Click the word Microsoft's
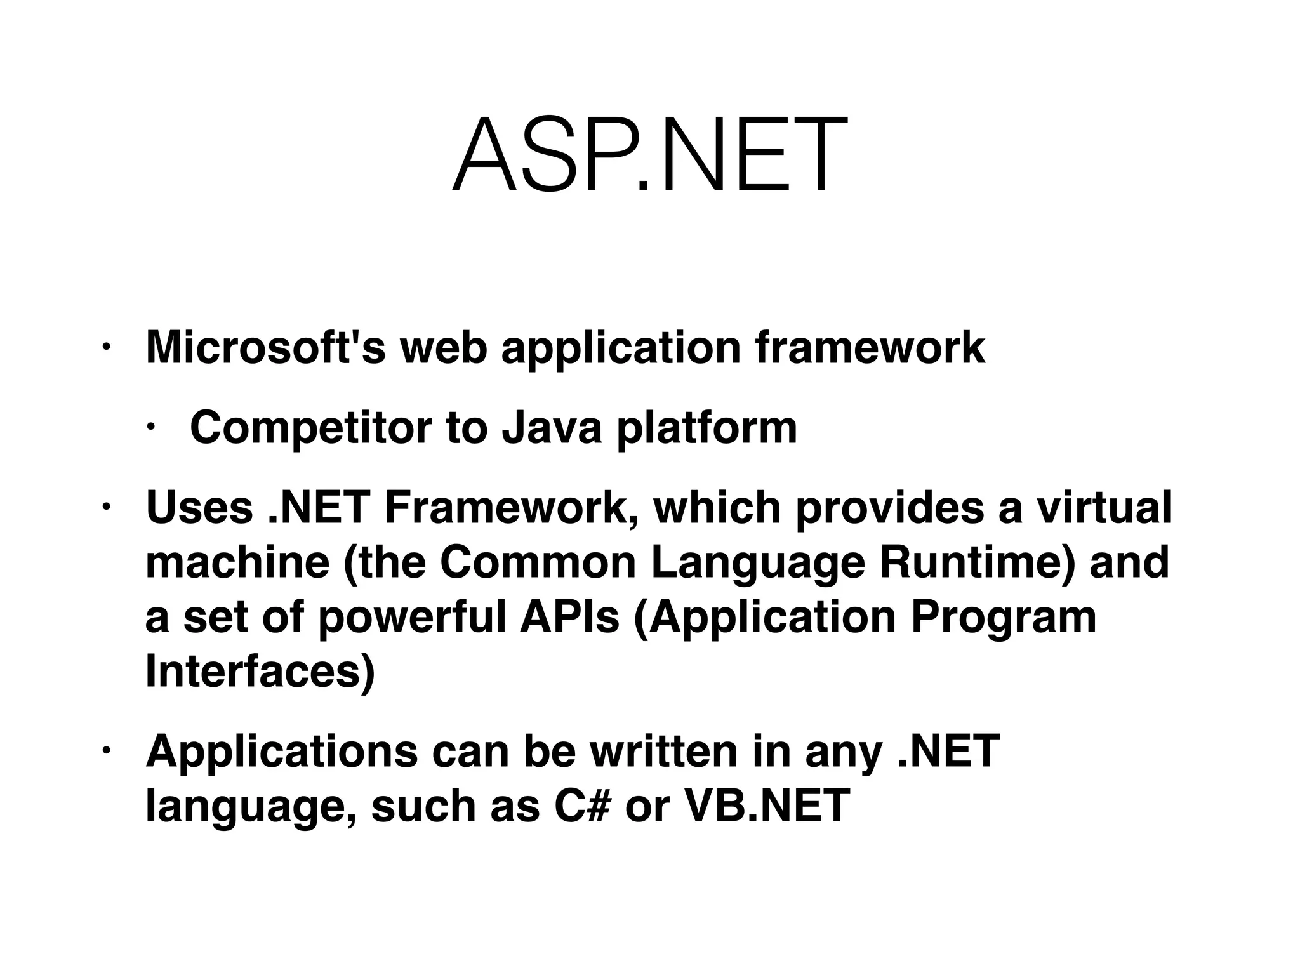265,348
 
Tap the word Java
551,428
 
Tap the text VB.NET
767,806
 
